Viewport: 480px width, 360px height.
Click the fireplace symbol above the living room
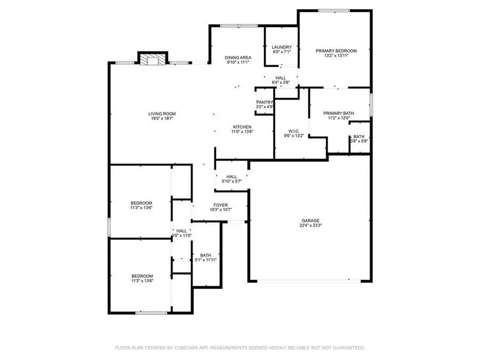pos(153,60)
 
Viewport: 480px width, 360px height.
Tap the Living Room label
pos(162,114)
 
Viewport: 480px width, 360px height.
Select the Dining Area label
pos(238,58)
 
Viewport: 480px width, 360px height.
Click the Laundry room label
pos(282,47)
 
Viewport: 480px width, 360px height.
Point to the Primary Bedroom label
pos(336,51)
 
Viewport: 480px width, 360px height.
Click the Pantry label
pos(265,102)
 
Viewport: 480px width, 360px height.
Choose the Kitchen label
pos(242,127)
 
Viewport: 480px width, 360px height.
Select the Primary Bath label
pos(339,113)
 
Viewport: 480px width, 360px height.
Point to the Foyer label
pos(221,205)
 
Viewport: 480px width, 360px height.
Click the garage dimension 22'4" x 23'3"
pos(310,226)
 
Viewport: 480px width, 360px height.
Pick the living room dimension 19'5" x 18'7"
pos(162,118)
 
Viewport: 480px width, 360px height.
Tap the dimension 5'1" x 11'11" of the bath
pos(206,260)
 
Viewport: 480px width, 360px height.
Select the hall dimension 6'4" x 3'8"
pos(281,83)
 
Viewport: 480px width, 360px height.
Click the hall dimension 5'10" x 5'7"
pos(232,182)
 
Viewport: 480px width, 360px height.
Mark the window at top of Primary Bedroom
pos(334,10)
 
